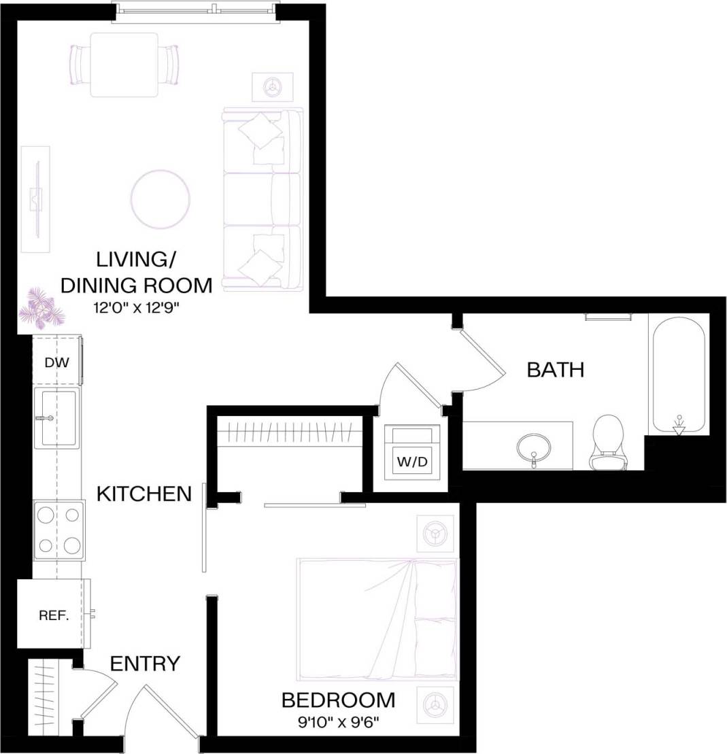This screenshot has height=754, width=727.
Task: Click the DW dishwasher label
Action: click(x=57, y=362)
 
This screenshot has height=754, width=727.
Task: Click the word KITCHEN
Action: click(x=144, y=494)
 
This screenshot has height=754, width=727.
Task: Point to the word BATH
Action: click(x=556, y=370)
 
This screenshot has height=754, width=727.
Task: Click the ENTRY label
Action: click(x=145, y=663)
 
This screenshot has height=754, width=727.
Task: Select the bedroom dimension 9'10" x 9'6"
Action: click(x=338, y=719)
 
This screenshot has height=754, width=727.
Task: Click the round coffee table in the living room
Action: click(x=160, y=199)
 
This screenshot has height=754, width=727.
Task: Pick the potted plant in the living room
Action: click(x=41, y=307)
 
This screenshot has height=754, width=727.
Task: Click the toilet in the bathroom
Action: click(x=608, y=443)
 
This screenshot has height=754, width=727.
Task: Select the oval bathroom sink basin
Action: click(x=534, y=448)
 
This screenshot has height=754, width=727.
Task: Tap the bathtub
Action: click(x=679, y=375)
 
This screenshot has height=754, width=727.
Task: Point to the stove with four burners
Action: click(x=58, y=530)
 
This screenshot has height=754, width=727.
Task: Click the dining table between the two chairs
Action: click(x=124, y=65)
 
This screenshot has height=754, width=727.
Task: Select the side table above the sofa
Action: click(x=273, y=86)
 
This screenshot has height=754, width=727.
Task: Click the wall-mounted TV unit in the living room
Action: click(x=35, y=199)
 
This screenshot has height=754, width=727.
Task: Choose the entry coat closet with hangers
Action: click(x=49, y=697)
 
